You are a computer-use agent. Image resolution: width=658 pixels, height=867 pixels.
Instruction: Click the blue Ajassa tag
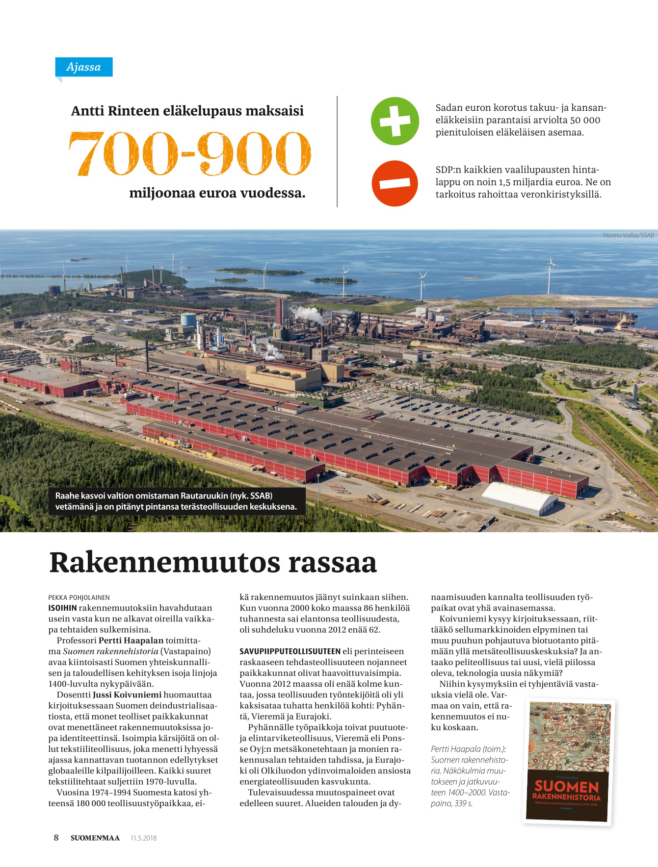83,67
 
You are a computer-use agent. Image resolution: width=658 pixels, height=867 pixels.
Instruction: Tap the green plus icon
395,121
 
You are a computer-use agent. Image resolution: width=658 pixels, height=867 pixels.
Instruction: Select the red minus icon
395,183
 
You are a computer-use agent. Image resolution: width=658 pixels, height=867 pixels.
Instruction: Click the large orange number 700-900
189,154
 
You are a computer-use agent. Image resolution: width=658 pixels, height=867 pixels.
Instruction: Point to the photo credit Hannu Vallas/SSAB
628,235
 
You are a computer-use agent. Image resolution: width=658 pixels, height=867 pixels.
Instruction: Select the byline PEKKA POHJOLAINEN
79,597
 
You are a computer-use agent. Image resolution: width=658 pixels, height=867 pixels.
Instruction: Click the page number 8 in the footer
56,838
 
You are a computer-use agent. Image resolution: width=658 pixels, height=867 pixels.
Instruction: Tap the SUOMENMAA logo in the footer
95,838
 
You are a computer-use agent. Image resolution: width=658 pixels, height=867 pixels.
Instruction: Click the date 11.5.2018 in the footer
144,838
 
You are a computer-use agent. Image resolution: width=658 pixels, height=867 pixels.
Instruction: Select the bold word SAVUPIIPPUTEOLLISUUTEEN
290,651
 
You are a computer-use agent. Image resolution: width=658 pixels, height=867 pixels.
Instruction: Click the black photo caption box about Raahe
176,501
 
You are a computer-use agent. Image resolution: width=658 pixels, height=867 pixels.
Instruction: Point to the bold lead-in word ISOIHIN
62,608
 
